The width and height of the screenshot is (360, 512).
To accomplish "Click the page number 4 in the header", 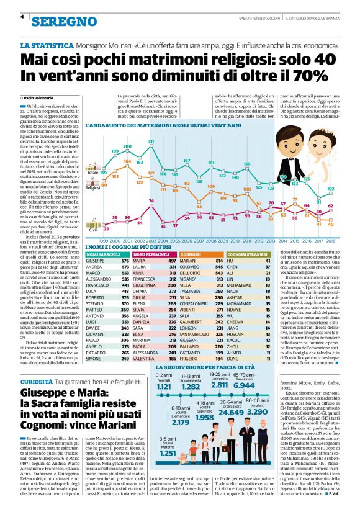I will (x=22, y=17).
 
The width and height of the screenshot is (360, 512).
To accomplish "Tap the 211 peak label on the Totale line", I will (x=151, y=142).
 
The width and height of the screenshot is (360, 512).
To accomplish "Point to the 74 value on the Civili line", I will (x=151, y=200).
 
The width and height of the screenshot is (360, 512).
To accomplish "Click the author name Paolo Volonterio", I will (x=43, y=99).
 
